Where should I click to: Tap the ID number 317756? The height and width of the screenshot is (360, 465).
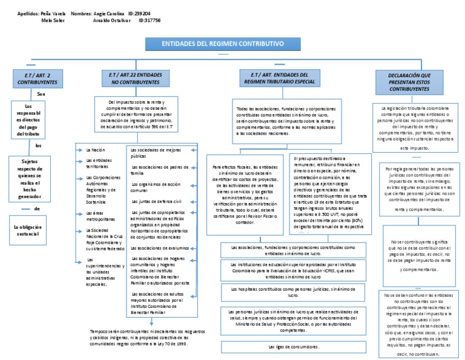(150, 20)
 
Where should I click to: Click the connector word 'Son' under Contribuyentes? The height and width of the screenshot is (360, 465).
(41, 95)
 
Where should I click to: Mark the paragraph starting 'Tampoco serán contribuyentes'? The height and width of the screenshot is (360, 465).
(143, 337)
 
